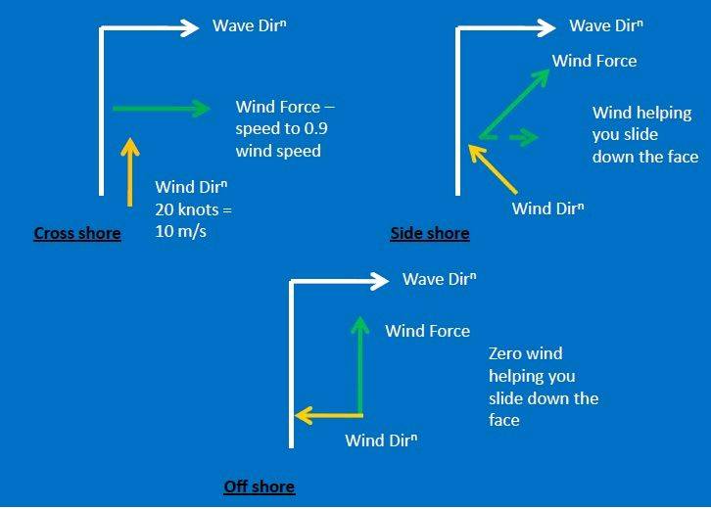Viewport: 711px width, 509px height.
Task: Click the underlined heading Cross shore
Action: (77, 233)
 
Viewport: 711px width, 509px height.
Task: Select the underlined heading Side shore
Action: (429, 233)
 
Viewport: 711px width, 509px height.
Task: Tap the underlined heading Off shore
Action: (259, 486)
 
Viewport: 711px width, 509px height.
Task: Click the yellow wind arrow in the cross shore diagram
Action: (128, 171)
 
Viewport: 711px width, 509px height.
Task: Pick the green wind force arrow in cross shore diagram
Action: (162, 109)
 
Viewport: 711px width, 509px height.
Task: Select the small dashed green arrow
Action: (523, 138)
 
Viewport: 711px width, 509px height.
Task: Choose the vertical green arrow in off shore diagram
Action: (360, 367)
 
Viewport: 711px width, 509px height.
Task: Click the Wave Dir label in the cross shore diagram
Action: (249, 25)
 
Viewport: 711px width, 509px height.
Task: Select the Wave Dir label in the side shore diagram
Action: (605, 26)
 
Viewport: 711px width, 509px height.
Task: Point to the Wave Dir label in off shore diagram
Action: (439, 280)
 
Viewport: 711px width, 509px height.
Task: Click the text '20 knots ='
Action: (194, 208)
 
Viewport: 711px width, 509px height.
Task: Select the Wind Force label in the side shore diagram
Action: (593, 61)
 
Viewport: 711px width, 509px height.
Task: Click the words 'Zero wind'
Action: (525, 353)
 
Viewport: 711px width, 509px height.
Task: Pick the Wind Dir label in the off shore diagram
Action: (381, 440)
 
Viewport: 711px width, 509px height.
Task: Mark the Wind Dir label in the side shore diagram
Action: (548, 208)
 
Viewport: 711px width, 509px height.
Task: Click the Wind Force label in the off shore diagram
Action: (427, 331)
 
